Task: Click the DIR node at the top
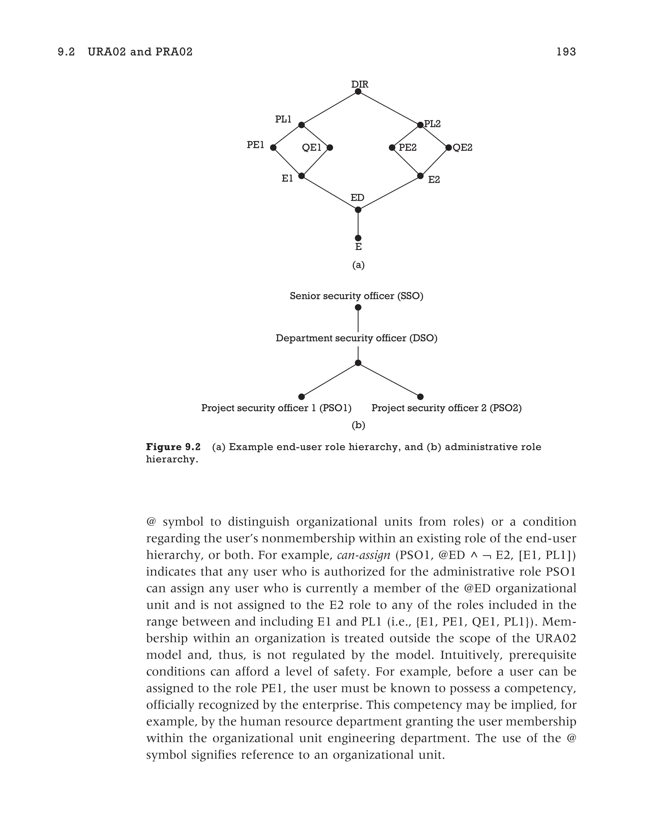point(358,92)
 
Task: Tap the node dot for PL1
point(302,125)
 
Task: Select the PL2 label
point(432,124)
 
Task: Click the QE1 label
point(311,148)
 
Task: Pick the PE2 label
point(408,148)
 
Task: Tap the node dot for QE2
point(449,148)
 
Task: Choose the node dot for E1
point(302,176)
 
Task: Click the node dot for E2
point(420,176)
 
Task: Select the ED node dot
point(358,210)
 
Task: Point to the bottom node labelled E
point(358,238)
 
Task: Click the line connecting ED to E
point(358,224)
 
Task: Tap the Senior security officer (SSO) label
point(356,296)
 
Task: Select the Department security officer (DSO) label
point(356,338)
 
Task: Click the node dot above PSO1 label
point(302,397)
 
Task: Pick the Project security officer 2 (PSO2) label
point(446,408)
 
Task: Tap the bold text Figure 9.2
point(173,447)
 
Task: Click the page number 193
point(566,52)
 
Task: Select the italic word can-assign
point(363,555)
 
